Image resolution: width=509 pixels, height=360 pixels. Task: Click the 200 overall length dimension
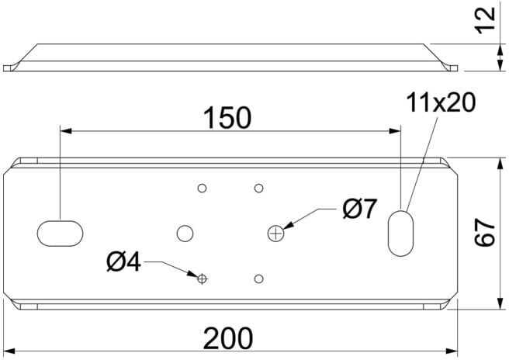(x=228, y=338)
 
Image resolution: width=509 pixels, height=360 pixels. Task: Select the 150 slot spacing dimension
(x=227, y=117)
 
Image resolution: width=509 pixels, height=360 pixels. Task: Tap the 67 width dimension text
(x=485, y=233)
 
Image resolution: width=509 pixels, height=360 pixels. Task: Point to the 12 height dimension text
(x=485, y=20)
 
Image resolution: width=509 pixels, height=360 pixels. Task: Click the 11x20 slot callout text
(x=441, y=102)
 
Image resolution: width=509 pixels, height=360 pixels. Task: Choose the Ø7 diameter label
(x=360, y=209)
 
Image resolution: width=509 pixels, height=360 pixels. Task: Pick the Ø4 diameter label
(x=123, y=261)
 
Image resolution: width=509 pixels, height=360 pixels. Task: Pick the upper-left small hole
(x=203, y=188)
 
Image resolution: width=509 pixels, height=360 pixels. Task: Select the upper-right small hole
(x=258, y=188)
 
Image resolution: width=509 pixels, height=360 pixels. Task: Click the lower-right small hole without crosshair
(x=258, y=279)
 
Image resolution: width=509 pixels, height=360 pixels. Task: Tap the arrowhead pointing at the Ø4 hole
(x=192, y=274)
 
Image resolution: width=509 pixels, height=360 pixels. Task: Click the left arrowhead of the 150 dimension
(x=66, y=131)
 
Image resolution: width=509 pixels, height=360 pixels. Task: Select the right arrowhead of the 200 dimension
(x=452, y=351)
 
